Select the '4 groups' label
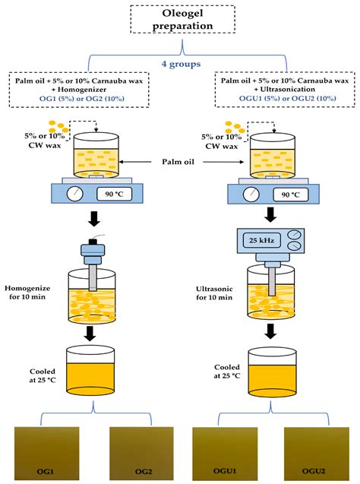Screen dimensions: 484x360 [x=179, y=64]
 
